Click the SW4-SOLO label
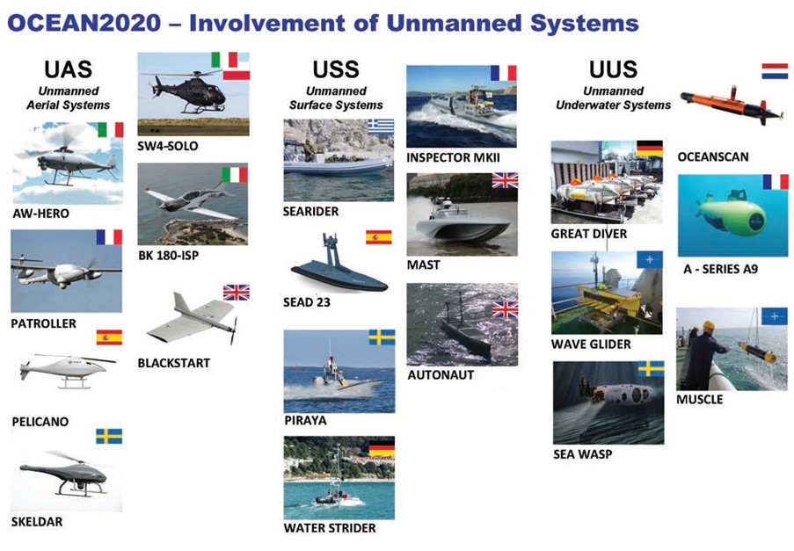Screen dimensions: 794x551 pos(168,146)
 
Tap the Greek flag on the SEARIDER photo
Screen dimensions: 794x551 pos(381,126)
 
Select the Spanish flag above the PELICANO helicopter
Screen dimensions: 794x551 pos(109,337)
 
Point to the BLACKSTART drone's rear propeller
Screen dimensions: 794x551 pos(234,330)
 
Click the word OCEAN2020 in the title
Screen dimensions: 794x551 pos(84,23)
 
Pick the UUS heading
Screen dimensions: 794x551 pos(613,69)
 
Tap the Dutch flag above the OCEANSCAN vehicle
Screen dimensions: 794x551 pos(775,71)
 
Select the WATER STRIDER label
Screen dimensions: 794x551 pos(330,528)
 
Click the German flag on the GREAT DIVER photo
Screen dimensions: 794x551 pos(650,149)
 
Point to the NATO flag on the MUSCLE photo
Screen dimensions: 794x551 pos(775,316)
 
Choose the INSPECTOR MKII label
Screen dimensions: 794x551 pos(453,158)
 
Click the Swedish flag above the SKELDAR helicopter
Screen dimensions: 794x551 pos(109,436)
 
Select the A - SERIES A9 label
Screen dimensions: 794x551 pos(720,269)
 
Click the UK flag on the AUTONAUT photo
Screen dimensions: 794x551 pos(505,309)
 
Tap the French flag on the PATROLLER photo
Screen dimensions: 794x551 pos(109,237)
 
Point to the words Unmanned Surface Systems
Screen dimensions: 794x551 pos(336,98)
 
